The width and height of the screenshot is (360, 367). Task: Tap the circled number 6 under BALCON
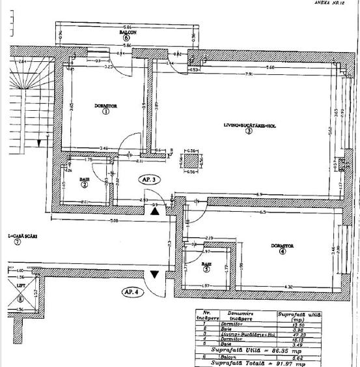[x=126, y=38]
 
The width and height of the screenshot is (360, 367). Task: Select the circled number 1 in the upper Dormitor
[x=105, y=111]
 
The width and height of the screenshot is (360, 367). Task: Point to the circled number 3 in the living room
[x=249, y=130]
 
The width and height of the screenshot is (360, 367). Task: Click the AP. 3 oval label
[x=150, y=179]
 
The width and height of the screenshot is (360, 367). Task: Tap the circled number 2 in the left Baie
[x=85, y=184]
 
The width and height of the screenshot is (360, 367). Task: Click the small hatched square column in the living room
[x=191, y=160]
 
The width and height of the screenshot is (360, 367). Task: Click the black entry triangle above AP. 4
[x=154, y=274]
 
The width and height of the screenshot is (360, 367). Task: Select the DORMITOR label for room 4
[x=283, y=246]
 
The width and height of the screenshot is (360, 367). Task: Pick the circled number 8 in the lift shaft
[x=20, y=299]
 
